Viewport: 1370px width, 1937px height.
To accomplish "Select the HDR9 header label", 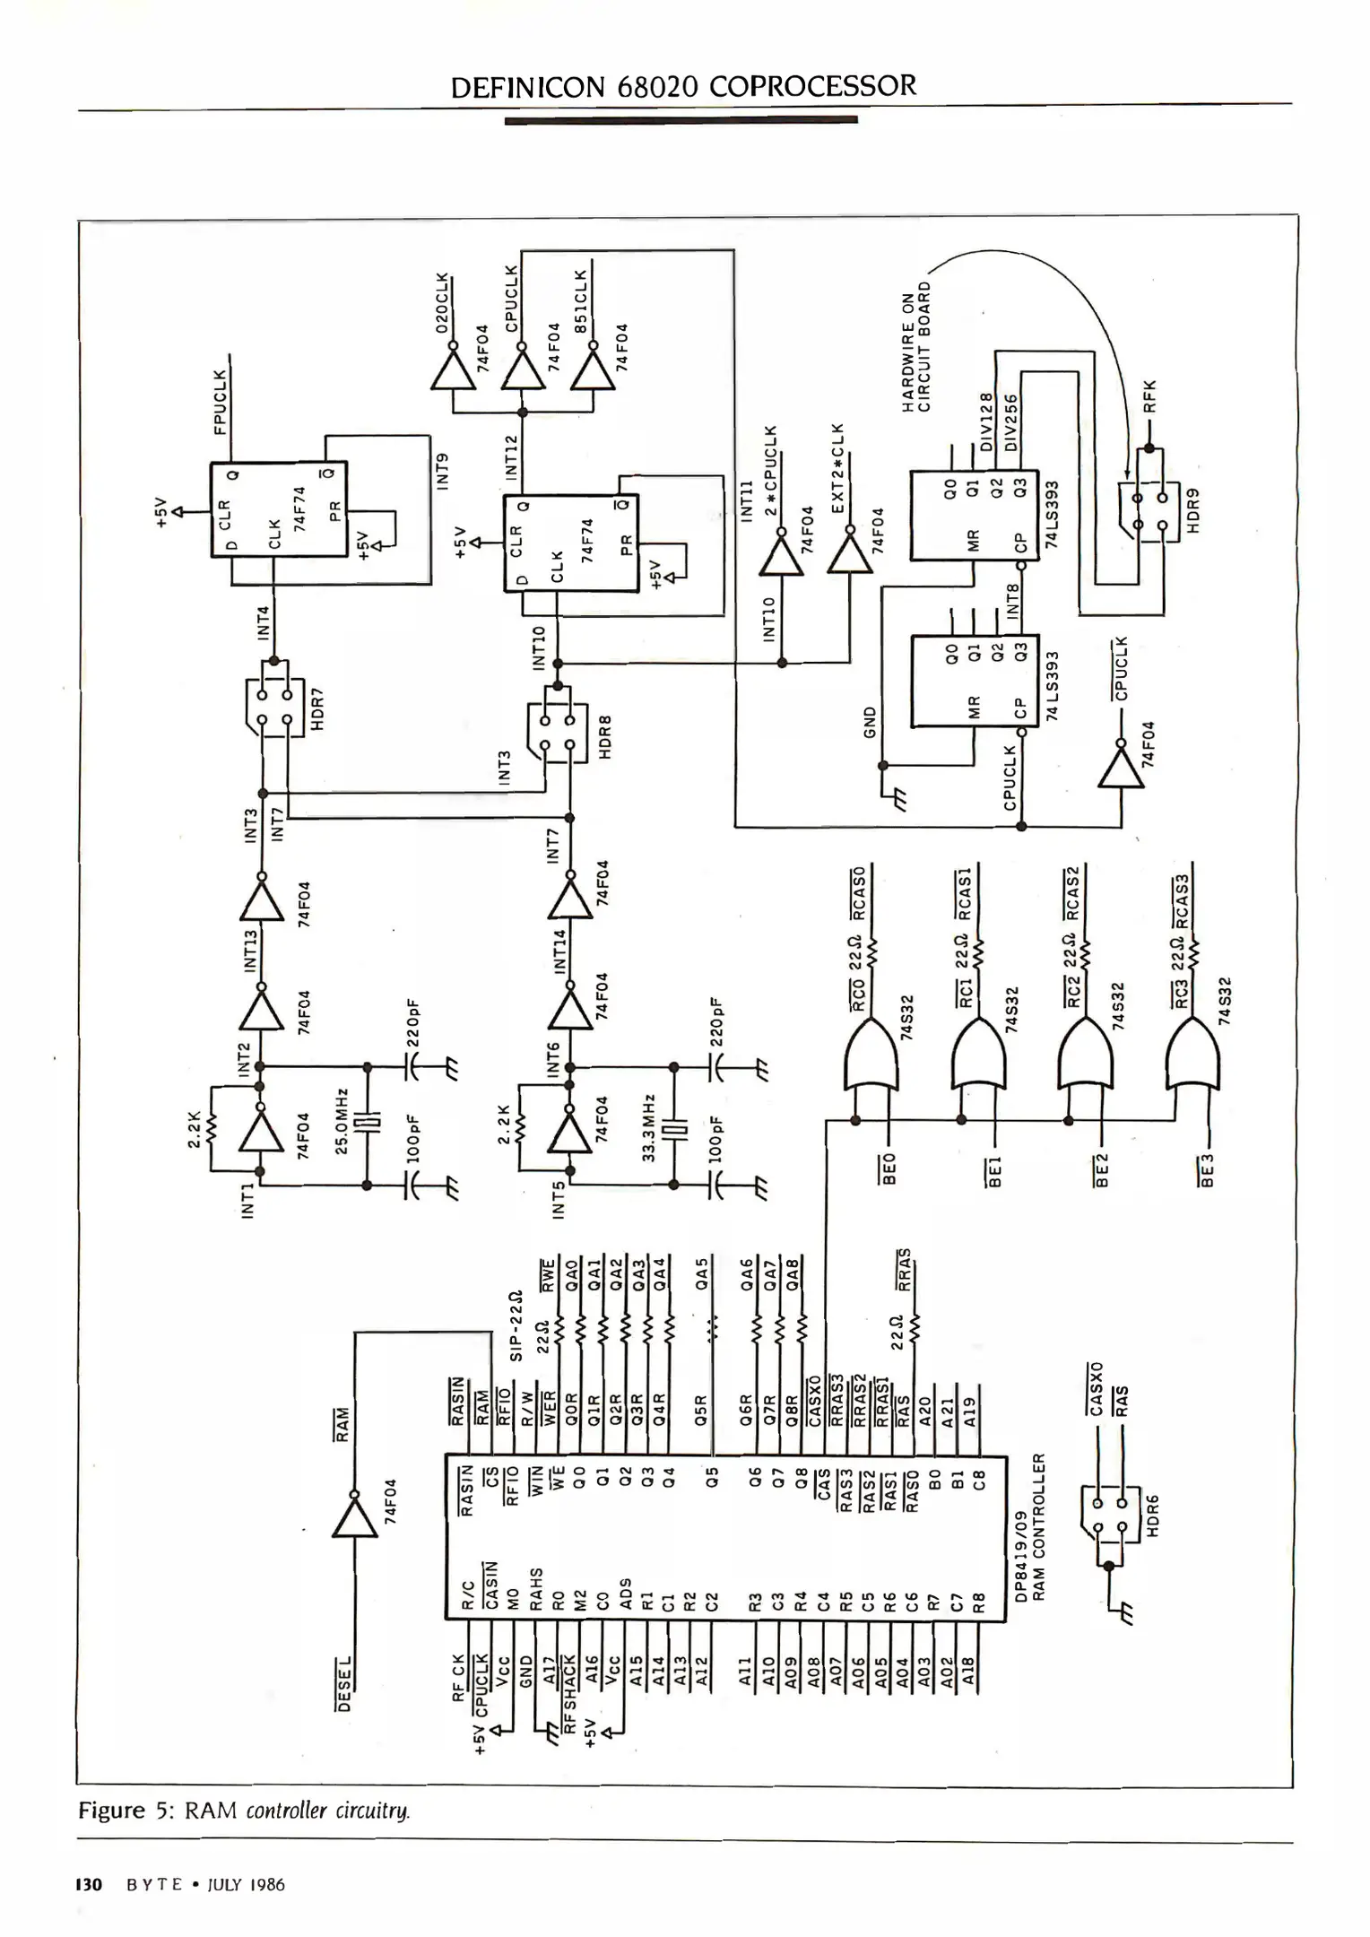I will (x=1193, y=511).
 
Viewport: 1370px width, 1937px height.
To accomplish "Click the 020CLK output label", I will (x=441, y=303).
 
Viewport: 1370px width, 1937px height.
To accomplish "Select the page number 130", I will (x=91, y=1884).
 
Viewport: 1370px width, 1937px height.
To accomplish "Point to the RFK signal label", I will (x=1151, y=395).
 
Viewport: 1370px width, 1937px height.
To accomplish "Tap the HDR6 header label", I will (x=1153, y=1515).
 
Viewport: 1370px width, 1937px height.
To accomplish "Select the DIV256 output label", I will (x=1011, y=422).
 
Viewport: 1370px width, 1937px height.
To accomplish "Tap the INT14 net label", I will (x=560, y=951).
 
